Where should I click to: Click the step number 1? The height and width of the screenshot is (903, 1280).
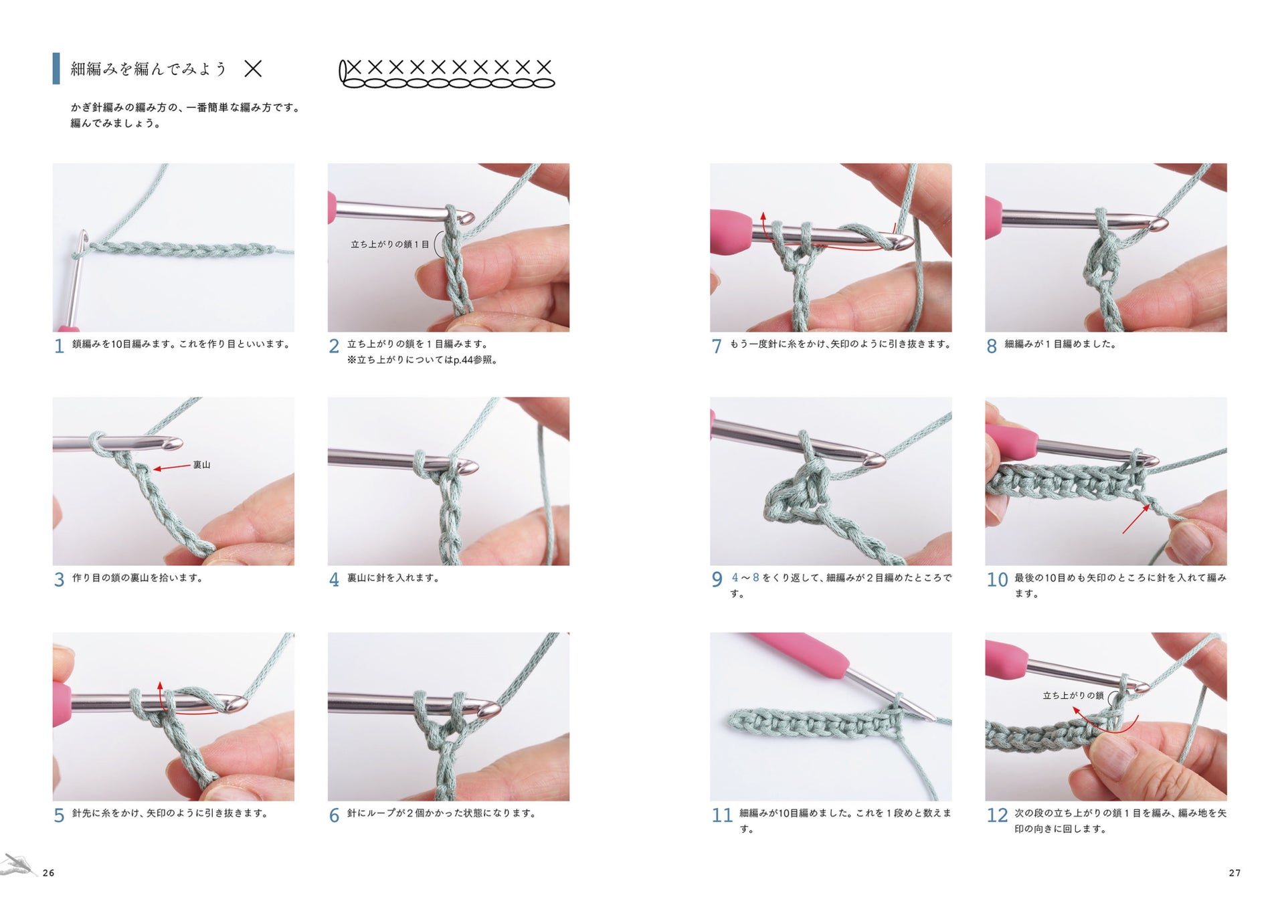click(59, 346)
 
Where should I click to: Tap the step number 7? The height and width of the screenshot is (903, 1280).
click(717, 346)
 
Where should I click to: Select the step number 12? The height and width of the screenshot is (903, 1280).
click(997, 815)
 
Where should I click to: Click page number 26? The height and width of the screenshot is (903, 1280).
click(48, 873)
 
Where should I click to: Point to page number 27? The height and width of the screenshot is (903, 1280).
click(1235, 873)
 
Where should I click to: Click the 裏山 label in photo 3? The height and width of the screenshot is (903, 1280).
click(201, 465)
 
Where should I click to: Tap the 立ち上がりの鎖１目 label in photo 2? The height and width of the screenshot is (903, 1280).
click(389, 245)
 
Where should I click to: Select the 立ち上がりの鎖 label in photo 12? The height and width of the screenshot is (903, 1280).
click(1073, 696)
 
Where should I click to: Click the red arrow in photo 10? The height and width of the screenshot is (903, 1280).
click(1136, 519)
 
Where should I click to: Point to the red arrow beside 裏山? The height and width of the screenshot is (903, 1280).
click(171, 468)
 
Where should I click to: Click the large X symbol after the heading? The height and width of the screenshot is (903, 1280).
click(253, 69)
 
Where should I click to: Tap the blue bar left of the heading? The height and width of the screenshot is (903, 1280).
click(56, 68)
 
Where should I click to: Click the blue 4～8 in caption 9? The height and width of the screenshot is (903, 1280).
click(745, 577)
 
